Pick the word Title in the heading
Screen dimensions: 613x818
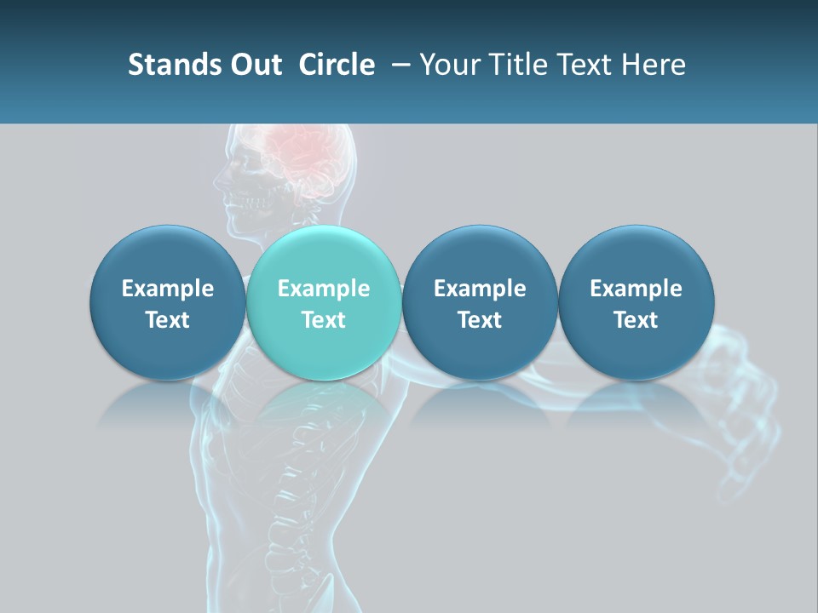[x=519, y=65]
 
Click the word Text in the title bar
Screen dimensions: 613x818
[x=589, y=65]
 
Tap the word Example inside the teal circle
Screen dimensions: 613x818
[x=324, y=289]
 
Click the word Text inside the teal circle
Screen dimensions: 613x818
[x=324, y=320]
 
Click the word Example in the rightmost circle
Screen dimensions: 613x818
[x=637, y=289]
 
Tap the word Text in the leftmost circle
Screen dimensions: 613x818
[x=168, y=320]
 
